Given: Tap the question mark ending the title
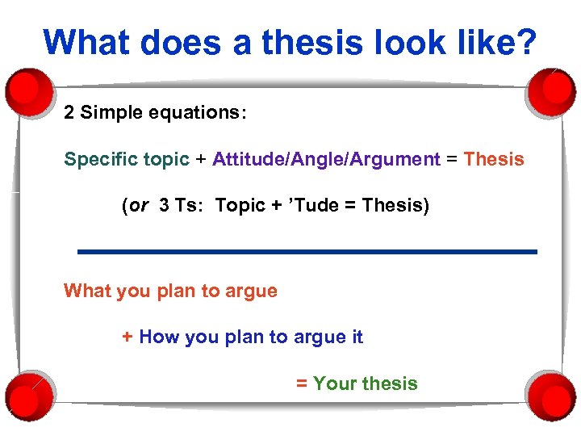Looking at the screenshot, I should (x=525, y=42).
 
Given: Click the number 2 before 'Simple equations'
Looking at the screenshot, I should (x=69, y=112).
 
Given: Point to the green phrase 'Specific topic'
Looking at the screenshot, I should (x=127, y=159).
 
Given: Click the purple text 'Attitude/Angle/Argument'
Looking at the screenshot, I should (x=326, y=159).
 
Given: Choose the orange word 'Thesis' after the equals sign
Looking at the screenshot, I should (x=494, y=159).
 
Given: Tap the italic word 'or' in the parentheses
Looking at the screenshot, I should (x=139, y=206).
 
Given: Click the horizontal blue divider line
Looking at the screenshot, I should (x=307, y=252).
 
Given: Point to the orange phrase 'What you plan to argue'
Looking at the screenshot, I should (x=170, y=291).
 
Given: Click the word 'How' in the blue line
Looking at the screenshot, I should (x=159, y=337).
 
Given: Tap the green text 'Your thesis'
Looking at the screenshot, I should (x=365, y=384).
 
